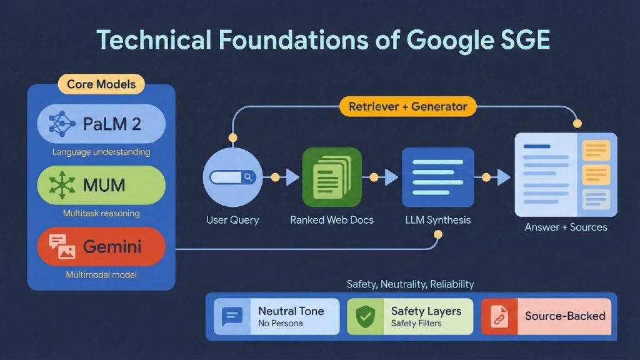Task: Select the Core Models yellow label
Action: [101, 84]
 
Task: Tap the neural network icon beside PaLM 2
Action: [61, 124]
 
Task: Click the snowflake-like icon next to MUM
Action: [61, 185]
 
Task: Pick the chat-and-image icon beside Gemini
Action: [61, 247]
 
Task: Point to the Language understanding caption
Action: [101, 152]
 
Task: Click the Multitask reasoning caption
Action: [101, 213]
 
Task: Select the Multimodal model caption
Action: [101, 274]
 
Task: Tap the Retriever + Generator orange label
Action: [407, 107]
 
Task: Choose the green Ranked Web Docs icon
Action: [331, 177]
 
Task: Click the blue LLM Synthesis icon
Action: [437, 177]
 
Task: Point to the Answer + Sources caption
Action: [566, 227]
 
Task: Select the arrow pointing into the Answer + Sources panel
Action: [502, 177]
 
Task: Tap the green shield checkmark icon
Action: [365, 316]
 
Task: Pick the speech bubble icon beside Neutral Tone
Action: [232, 316]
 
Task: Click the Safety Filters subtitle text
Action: [416, 324]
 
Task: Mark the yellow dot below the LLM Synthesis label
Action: [437, 235]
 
